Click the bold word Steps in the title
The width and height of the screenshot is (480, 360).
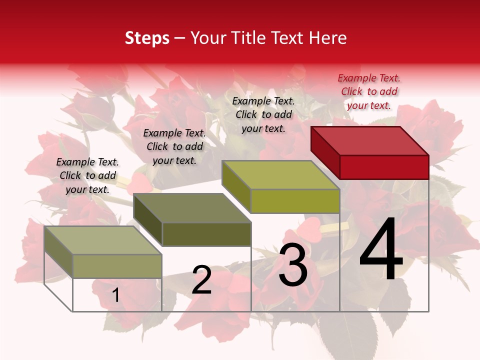147,38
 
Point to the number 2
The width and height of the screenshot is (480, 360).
201,280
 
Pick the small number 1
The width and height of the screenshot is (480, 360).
115,295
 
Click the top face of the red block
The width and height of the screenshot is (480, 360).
370,140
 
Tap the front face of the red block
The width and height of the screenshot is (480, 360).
384,167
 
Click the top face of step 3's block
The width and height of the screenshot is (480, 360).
280,175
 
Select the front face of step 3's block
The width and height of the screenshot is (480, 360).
295,201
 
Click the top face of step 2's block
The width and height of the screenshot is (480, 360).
192,208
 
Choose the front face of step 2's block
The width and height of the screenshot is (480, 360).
206,234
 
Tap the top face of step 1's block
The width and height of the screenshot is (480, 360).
103,240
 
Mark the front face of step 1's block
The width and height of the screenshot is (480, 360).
117,266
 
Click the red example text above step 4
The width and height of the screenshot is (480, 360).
369,91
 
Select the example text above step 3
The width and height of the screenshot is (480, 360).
263,114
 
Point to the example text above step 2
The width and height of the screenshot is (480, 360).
174,146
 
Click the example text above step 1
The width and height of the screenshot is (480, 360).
87,175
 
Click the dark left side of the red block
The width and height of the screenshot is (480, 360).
325,152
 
